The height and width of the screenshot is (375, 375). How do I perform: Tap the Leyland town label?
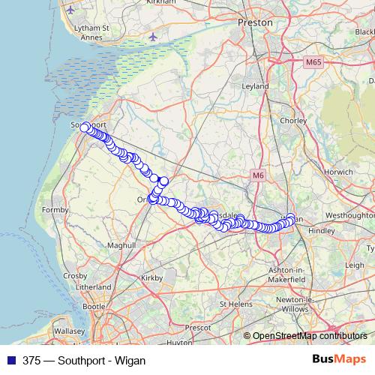[255, 86]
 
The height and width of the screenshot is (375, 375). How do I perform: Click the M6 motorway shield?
[258, 175]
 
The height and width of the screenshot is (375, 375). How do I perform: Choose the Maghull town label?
[121, 245]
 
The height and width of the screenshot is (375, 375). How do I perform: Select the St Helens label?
[235, 304]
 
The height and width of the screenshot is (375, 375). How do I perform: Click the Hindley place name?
[322, 231]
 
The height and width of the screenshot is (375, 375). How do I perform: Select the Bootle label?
[94, 306]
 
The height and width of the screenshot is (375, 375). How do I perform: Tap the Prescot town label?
[198, 328]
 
